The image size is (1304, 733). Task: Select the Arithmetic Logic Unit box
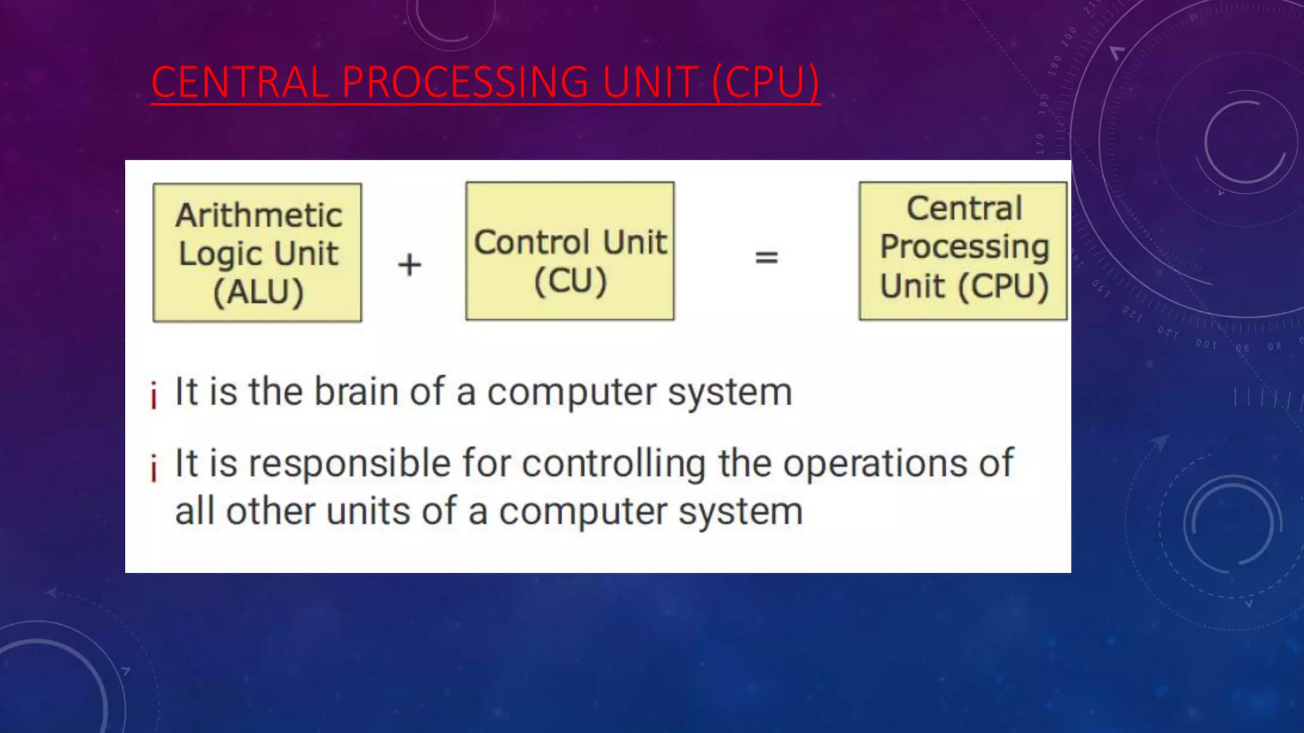(x=257, y=253)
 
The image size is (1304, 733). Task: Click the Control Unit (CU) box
(x=570, y=251)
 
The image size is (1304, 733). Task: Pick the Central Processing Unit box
(x=963, y=251)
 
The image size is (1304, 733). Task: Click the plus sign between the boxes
(x=409, y=264)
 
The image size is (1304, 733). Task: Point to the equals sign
(x=766, y=258)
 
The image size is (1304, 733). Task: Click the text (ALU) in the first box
(x=259, y=292)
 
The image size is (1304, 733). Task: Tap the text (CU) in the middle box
(x=570, y=281)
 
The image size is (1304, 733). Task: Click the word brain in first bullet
(x=357, y=391)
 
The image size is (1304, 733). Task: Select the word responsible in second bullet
(x=350, y=464)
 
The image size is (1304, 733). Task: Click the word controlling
(x=614, y=464)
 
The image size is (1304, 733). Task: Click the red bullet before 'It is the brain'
(x=153, y=394)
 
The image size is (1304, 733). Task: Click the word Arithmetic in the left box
(x=259, y=215)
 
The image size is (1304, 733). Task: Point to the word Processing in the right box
(x=964, y=247)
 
